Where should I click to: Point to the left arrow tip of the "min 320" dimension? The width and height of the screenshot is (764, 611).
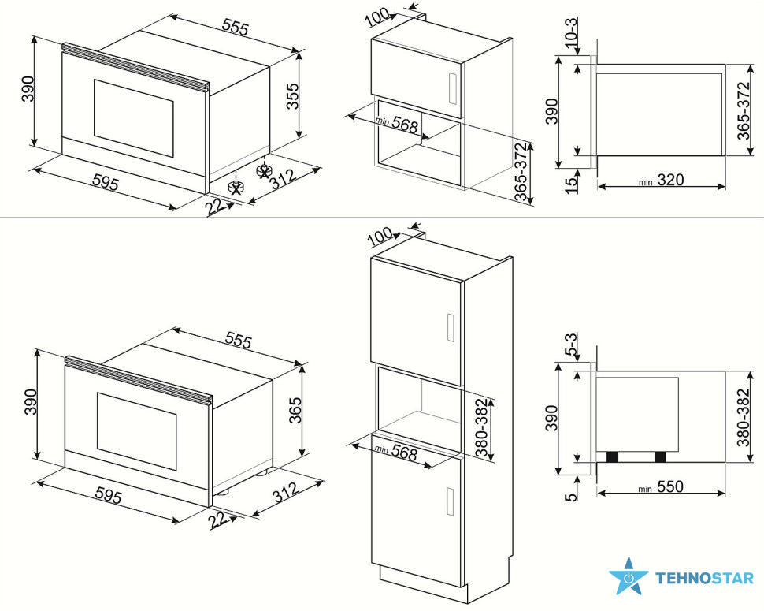pyautogui.click(x=597, y=186)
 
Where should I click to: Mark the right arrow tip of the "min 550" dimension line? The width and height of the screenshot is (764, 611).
pyautogui.click(x=725, y=493)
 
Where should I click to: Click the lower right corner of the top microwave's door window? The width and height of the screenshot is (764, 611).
pyautogui.click(x=173, y=157)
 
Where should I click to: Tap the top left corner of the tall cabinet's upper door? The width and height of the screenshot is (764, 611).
pyautogui.click(x=371, y=258)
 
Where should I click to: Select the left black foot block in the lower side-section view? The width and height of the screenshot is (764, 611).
pyautogui.click(x=612, y=457)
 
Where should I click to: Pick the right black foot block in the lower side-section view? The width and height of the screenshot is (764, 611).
pyautogui.click(x=660, y=457)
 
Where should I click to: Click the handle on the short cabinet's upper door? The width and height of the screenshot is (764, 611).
pyautogui.click(x=451, y=88)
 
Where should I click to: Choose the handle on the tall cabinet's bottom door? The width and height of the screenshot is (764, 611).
pyautogui.click(x=451, y=501)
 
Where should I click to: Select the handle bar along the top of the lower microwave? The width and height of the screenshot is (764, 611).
pyautogui.click(x=139, y=380)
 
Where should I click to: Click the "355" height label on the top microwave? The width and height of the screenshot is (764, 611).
pyautogui.click(x=292, y=96)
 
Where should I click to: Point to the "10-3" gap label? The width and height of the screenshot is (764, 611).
pyautogui.click(x=570, y=32)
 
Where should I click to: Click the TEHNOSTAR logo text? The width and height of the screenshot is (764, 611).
pyautogui.click(x=704, y=579)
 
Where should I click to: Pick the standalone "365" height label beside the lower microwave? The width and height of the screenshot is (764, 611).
pyautogui.click(x=295, y=410)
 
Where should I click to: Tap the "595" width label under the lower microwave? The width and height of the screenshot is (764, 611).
pyautogui.click(x=108, y=496)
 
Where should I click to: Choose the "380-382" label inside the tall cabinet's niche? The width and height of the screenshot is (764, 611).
pyautogui.click(x=482, y=427)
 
